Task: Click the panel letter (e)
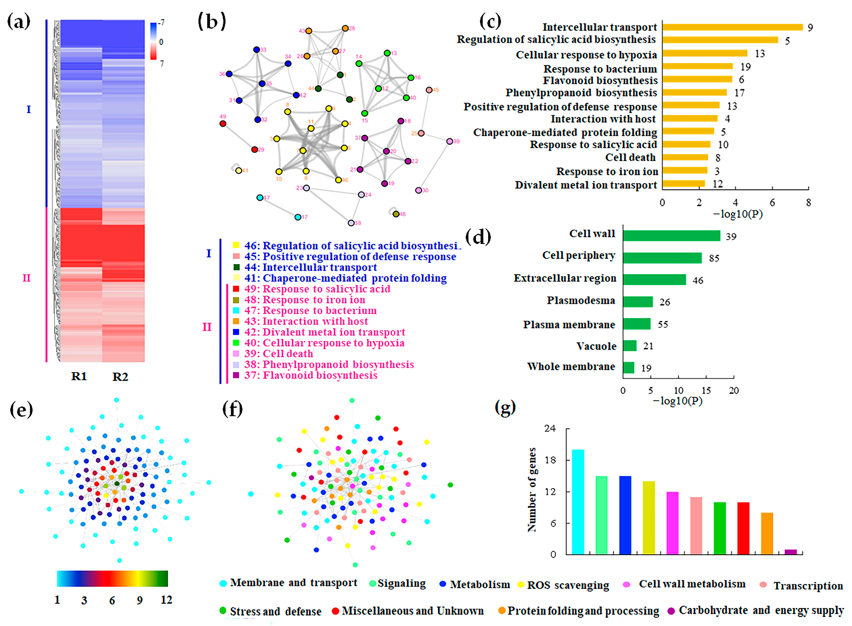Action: click(x=21, y=409)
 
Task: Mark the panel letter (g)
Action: click(x=505, y=407)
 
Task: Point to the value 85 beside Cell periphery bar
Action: click(x=714, y=258)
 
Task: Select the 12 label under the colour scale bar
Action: click(x=166, y=600)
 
